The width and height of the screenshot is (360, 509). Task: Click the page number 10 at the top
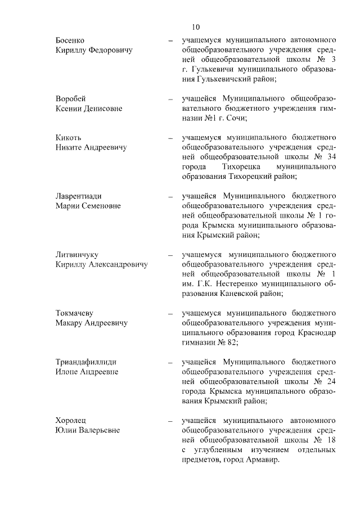[x=195, y=27]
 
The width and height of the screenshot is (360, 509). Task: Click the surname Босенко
[x=70, y=40]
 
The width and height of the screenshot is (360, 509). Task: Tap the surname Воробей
[x=71, y=98]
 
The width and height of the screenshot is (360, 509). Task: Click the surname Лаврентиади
[x=79, y=196]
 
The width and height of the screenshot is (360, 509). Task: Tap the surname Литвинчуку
[x=77, y=254]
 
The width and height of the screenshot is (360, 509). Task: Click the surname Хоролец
[x=71, y=420]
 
